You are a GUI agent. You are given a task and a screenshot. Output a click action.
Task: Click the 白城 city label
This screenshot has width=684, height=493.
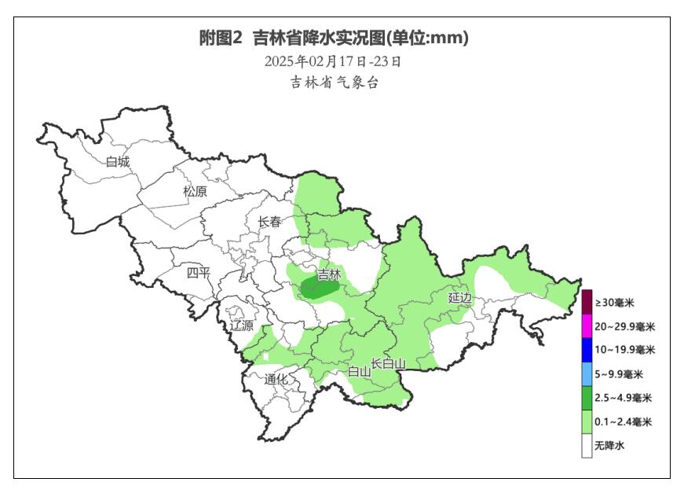(118, 162)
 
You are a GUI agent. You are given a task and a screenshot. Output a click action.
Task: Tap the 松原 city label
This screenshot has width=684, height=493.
(195, 191)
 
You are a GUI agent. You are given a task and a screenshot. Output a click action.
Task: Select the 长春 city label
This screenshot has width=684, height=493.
(269, 223)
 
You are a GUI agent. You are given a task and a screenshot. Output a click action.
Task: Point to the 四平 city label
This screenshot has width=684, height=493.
(199, 273)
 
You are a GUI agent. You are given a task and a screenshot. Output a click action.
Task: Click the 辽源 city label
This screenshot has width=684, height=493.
(242, 326)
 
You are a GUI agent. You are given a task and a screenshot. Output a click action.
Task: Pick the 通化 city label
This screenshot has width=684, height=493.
(276, 379)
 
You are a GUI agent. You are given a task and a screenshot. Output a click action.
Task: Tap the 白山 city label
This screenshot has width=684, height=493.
(359, 372)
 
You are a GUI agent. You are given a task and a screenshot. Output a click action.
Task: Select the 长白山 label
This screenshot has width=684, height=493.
(388, 363)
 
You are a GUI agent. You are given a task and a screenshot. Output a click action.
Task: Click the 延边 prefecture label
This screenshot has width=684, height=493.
(459, 297)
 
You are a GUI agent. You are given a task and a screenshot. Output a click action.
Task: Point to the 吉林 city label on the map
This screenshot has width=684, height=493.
(329, 275)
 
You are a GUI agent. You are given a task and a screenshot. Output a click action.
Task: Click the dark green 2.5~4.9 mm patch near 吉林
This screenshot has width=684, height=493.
(318, 289)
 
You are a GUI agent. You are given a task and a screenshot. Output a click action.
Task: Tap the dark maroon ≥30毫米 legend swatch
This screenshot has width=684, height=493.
(587, 302)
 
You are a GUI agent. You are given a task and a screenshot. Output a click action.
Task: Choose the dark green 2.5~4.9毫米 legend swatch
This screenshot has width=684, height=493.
(587, 398)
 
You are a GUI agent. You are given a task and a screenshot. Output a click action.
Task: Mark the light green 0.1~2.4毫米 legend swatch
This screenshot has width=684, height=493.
(587, 422)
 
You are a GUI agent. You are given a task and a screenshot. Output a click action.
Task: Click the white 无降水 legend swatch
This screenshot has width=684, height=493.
(587, 446)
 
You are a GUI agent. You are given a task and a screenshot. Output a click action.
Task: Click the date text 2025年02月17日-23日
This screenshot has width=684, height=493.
(333, 61)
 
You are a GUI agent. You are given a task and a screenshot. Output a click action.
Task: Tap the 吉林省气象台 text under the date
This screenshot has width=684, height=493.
(335, 83)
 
